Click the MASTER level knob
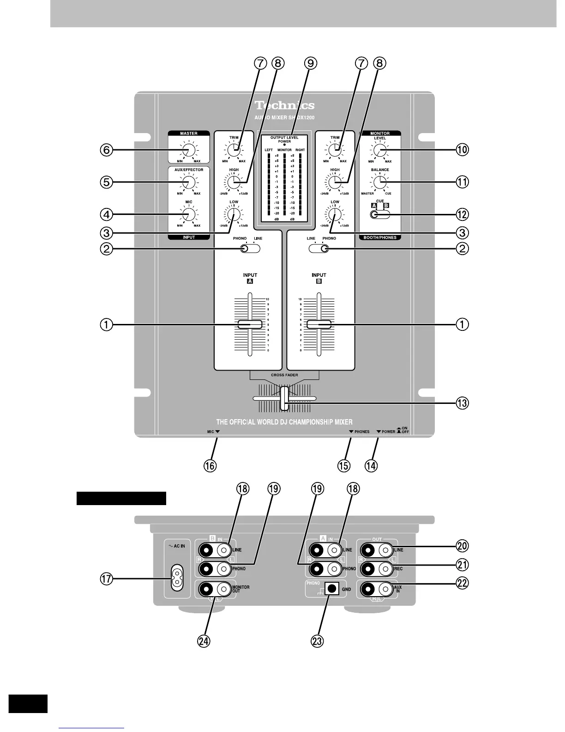coord(188,150)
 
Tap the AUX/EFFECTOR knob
coord(188,183)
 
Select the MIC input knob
coord(188,214)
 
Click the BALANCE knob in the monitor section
coord(379,183)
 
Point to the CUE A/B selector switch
coord(380,214)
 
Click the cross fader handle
coord(284,398)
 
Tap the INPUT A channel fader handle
coord(250,324)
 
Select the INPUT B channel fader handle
coord(319,324)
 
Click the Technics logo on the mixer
coord(284,106)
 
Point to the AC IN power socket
coord(176,578)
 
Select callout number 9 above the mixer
coord(311,63)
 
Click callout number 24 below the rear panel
coord(204,641)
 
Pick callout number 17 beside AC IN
coord(107,579)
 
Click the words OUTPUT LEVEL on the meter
coord(284,137)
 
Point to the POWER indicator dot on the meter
coord(284,145)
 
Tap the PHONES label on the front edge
coord(361,432)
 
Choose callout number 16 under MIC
coord(210,465)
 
